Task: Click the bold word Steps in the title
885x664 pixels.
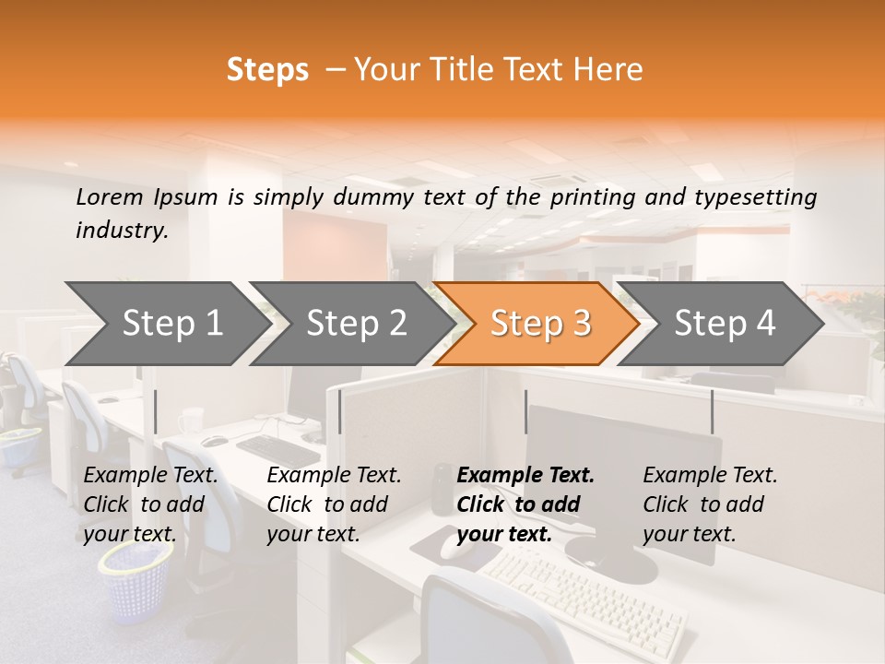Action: click(x=267, y=70)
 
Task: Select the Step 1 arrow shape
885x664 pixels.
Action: click(x=166, y=323)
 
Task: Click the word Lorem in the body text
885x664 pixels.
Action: click(x=110, y=196)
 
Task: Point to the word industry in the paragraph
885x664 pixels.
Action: click(x=121, y=231)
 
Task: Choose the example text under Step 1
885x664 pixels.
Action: click(x=150, y=504)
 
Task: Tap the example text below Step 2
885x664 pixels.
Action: click(x=334, y=504)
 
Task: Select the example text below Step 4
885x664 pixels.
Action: click(x=710, y=504)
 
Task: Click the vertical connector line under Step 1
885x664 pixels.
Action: click(x=156, y=411)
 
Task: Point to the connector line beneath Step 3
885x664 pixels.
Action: click(x=525, y=411)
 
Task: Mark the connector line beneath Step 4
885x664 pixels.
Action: click(x=712, y=411)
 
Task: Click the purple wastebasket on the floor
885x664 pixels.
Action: click(x=136, y=581)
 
